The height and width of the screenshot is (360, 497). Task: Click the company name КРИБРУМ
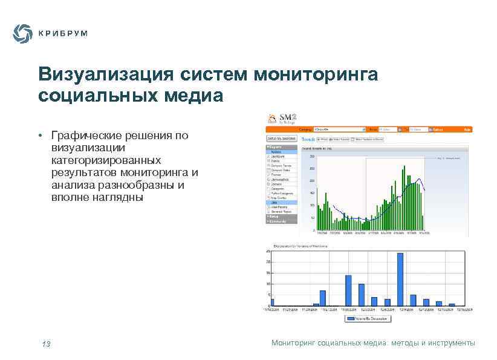(x=63, y=34)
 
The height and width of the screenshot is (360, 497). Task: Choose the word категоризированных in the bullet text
(x=106, y=160)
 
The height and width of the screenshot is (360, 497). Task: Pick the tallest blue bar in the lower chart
(x=400, y=279)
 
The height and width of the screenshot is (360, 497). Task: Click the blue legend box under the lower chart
(x=369, y=318)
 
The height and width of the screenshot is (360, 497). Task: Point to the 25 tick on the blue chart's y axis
(x=268, y=251)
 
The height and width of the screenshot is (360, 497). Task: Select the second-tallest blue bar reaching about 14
(x=348, y=290)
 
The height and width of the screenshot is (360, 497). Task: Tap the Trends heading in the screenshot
(x=308, y=139)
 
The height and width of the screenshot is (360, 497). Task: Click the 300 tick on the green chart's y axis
(x=312, y=156)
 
